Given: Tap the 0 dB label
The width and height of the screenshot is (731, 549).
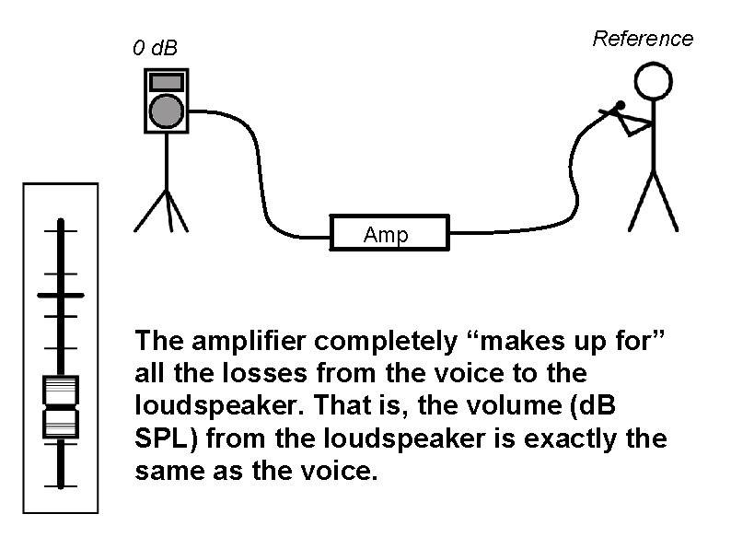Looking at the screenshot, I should tap(155, 47).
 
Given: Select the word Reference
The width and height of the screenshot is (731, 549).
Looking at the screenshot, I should tap(643, 39).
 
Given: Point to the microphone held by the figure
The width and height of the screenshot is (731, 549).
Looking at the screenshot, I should tap(615, 110).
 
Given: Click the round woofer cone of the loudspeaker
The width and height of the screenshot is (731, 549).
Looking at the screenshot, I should tap(166, 111).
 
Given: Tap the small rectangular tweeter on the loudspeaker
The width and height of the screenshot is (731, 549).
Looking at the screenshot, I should tap(166, 82).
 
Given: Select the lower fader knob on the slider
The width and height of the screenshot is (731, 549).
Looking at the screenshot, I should tap(60, 423).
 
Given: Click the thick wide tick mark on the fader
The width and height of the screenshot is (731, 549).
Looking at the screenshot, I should tap(60, 295).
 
